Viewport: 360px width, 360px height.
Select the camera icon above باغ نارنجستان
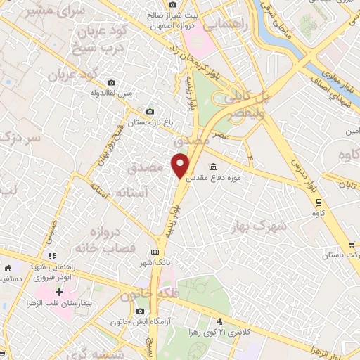click(x=149, y=111)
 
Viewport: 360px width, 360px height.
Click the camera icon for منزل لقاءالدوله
click(x=112, y=82)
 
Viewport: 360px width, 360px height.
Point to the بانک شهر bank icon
click(x=155, y=252)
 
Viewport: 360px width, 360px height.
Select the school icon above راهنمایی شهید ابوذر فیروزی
click(x=50, y=256)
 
